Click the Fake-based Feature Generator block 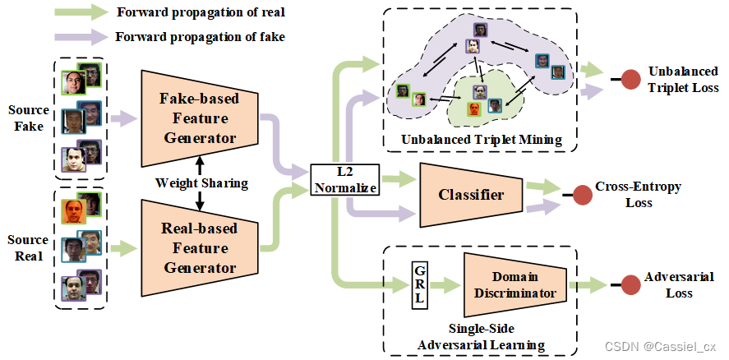coord(200,118)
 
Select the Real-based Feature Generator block coord(200,248)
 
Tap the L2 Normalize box coord(344,179)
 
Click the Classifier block coord(470,195)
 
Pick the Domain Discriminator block coord(514,284)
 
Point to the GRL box coord(419,284)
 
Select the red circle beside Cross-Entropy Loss coord(582,195)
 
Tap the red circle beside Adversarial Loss coord(631,285)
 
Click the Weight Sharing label coord(201,182)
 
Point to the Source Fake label coord(29,118)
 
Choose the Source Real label coord(28,247)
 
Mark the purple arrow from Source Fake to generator coord(122,118)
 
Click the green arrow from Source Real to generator coord(122,248)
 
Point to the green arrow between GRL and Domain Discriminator coord(445,284)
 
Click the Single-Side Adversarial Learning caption coord(481,337)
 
